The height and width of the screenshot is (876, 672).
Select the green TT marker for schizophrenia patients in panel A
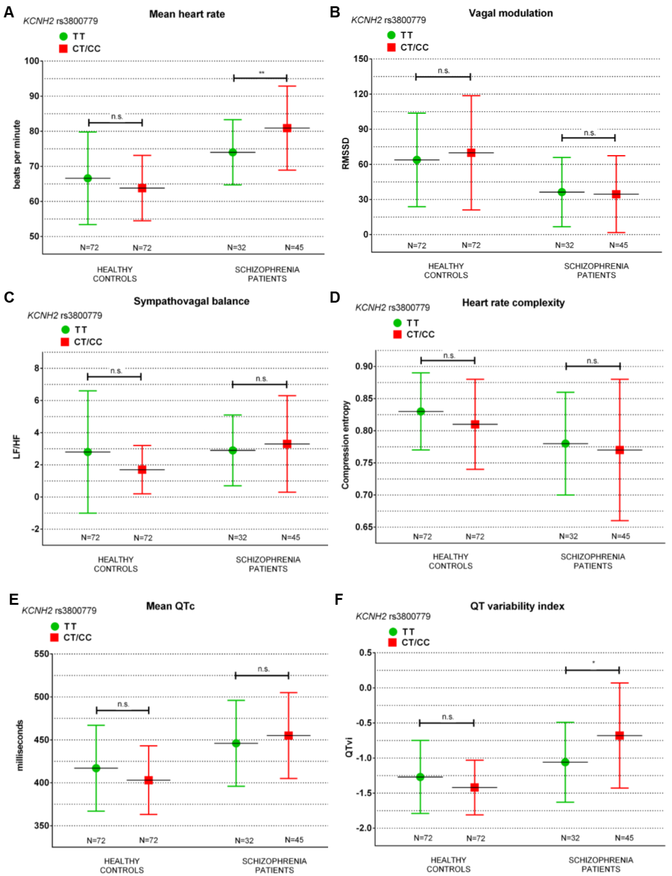coord(232,152)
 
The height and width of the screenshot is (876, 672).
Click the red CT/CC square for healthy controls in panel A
coord(142,188)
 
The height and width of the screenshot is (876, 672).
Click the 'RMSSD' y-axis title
coord(346,153)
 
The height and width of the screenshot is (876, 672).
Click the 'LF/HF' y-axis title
coord(17,447)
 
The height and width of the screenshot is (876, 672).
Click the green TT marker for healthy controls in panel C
coord(88,452)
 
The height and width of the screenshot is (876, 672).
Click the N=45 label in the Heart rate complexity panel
coord(620,536)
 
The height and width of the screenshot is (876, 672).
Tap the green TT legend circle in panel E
coord(55,626)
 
